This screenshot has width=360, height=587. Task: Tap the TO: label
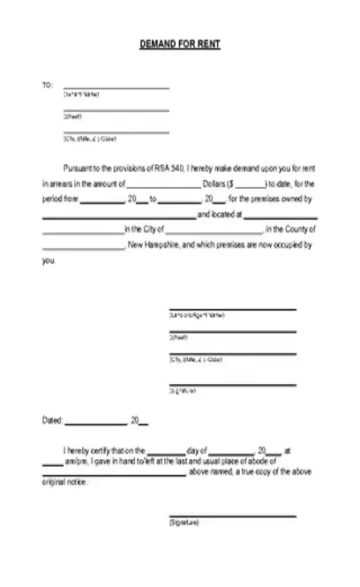tap(48, 85)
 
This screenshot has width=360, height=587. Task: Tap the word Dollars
tap(215, 184)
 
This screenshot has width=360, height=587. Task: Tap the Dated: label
tap(53, 420)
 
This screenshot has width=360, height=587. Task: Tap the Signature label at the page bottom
tap(184, 523)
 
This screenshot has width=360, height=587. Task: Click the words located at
tap(214, 214)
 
